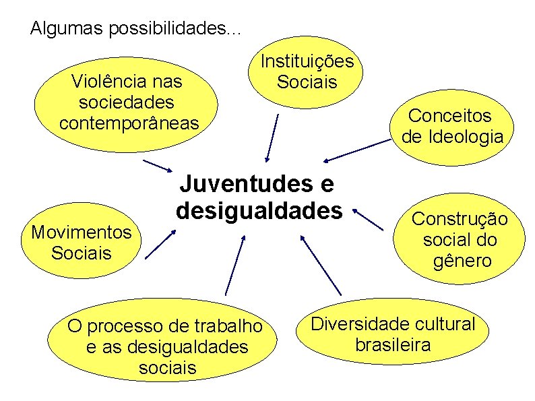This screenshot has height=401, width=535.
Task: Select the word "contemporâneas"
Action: point(129,123)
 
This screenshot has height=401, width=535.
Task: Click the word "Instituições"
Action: point(307,61)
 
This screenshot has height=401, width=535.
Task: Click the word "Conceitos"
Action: point(451,115)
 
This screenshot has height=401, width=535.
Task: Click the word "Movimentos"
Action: point(82,232)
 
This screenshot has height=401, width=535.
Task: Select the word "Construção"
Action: point(460,218)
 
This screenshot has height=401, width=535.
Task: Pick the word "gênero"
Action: point(463,260)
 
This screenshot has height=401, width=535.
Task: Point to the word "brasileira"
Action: point(393,345)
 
